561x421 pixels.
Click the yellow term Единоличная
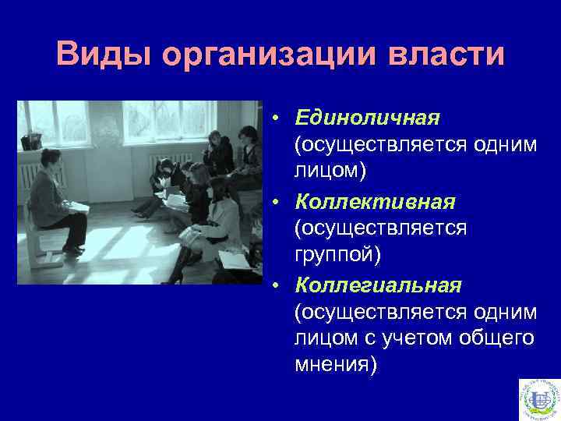367,117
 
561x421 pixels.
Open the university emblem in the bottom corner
538,398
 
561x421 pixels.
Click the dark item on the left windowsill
31,141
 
